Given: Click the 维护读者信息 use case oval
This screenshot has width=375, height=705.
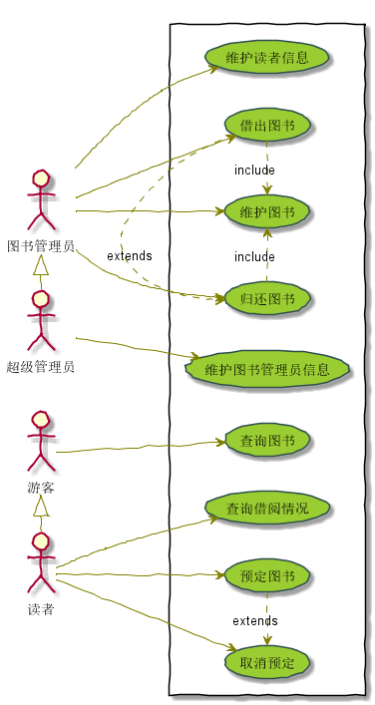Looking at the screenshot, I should click(267, 57).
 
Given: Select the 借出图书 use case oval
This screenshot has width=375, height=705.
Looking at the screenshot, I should click(267, 126).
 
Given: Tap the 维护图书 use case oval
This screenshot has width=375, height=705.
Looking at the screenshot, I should click(267, 211).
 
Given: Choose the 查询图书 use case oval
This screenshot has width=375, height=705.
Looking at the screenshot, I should click(267, 440).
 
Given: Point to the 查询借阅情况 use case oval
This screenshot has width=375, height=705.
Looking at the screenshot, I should click(267, 509).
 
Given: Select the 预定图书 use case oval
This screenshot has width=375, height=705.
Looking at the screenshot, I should click(267, 576).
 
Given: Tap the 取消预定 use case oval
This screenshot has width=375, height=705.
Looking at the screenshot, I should click(267, 662).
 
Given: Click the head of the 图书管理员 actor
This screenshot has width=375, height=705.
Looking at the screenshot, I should click(41, 179).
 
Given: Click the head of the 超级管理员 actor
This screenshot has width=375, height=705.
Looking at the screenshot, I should click(41, 300).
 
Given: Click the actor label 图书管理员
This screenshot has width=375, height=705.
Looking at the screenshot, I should click(41, 245).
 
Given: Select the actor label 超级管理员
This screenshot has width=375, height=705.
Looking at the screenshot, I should click(41, 366).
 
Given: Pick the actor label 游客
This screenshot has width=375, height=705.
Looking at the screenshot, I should click(41, 488).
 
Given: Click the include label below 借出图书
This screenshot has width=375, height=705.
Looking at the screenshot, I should click(254, 170).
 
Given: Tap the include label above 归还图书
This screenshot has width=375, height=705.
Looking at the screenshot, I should click(254, 256).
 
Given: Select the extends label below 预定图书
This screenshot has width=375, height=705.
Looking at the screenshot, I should click(255, 621).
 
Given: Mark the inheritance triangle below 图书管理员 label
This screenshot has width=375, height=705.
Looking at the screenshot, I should click(41, 264).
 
